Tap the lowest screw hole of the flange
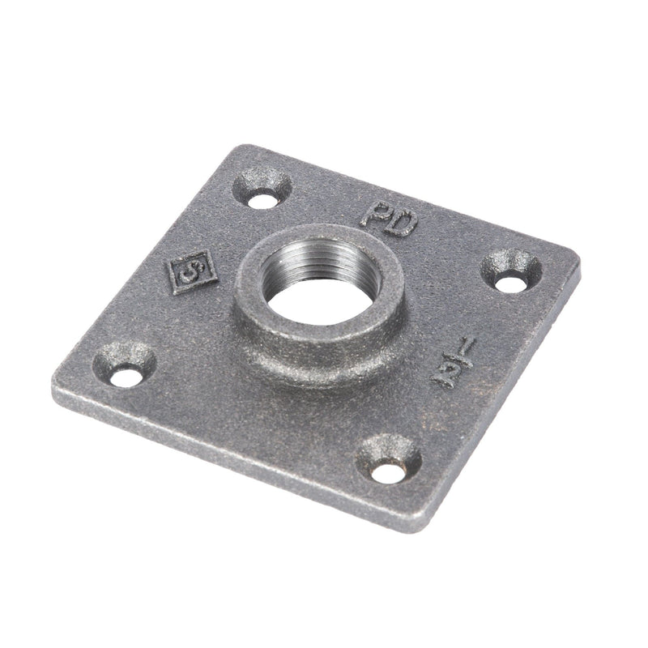pyautogui.click(x=390, y=469)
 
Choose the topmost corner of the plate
pyautogui.click(x=231, y=147)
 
